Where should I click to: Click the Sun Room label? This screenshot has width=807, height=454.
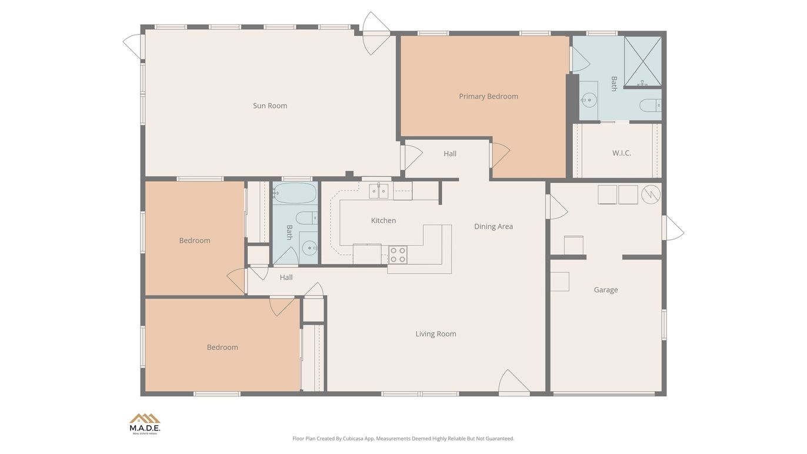[x=270, y=106]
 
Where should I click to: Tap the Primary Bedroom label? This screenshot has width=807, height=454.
[x=488, y=96]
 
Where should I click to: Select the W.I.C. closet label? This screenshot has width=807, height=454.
[x=621, y=153]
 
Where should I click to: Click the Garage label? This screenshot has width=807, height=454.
[x=605, y=290]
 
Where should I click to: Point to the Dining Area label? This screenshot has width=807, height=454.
[x=493, y=226]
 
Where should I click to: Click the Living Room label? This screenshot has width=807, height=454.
[x=435, y=334]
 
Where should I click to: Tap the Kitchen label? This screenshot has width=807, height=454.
[x=383, y=221]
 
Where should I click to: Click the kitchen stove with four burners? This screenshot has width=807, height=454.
[x=398, y=255]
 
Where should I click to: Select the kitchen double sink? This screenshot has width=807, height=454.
[x=379, y=191]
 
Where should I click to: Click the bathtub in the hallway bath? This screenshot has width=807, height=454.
[x=295, y=193]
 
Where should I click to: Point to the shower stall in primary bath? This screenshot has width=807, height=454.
[x=642, y=61]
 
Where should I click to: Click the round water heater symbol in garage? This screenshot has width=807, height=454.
[x=651, y=195]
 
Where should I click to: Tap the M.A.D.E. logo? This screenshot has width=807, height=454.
[x=145, y=423]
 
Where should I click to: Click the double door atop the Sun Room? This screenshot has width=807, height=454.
[x=375, y=34]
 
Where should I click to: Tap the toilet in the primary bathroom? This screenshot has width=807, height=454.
[x=650, y=106]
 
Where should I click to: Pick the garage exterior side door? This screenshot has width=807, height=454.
[x=673, y=228]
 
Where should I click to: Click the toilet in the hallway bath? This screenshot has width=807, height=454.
[x=306, y=219]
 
